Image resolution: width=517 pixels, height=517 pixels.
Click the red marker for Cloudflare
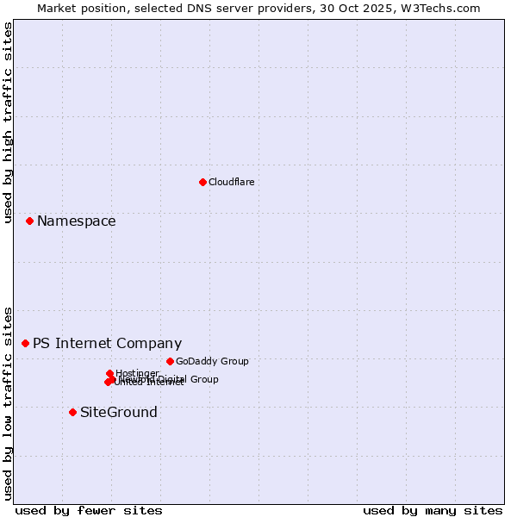(x=202, y=182)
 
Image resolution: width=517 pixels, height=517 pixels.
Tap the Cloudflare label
(x=231, y=182)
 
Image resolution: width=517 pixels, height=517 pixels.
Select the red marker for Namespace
(x=29, y=221)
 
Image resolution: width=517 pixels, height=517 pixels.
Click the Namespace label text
(x=76, y=221)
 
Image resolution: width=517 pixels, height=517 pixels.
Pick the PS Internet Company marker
(x=25, y=343)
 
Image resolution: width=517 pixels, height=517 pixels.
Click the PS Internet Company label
(x=107, y=343)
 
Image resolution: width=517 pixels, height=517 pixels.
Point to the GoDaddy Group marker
(x=170, y=361)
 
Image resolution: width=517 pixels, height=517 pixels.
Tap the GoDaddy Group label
(x=211, y=361)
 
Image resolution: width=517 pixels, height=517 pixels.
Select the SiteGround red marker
(x=72, y=412)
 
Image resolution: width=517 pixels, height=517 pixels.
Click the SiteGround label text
(x=118, y=412)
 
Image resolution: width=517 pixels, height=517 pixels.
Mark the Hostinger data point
(x=109, y=373)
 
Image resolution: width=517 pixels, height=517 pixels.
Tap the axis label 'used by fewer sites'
(x=89, y=510)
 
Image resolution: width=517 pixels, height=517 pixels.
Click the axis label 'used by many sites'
(x=433, y=510)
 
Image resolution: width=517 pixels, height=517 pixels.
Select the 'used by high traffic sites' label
(x=8, y=123)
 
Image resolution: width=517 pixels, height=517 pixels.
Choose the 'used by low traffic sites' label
(x=8, y=403)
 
